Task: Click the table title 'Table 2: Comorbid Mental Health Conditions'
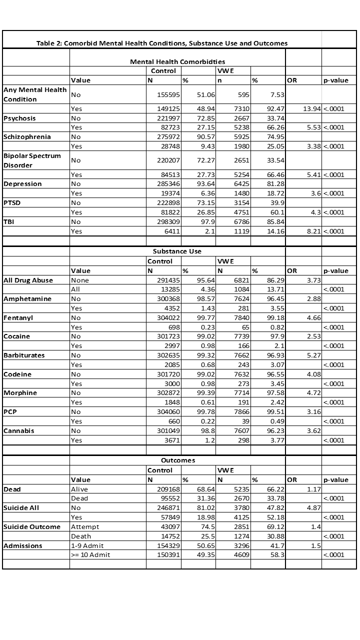(162, 43)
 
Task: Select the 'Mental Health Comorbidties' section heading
(177, 61)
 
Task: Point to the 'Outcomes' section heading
(177, 460)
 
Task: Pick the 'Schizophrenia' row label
(27, 137)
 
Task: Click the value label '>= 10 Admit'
(90, 555)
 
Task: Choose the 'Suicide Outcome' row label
(32, 527)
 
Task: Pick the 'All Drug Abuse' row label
(28, 280)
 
